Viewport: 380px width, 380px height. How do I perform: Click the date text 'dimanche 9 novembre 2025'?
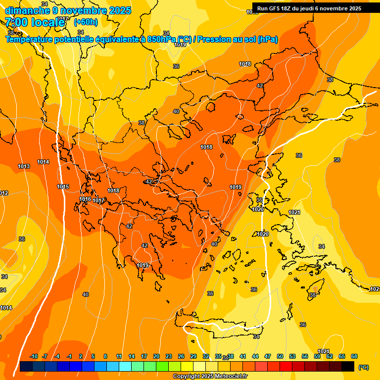(68, 10)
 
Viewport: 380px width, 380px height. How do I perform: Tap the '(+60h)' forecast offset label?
(86, 22)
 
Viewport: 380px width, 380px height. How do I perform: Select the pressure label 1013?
(23, 166)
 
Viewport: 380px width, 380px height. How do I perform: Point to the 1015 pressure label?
(63, 187)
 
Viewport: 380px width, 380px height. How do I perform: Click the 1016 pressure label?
(85, 199)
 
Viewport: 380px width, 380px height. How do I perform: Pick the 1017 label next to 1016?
(98, 200)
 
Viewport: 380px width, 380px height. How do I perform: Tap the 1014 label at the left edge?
(6, 308)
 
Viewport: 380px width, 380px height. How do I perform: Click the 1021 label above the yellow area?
(294, 212)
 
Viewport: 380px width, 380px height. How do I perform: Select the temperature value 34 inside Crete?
(256, 336)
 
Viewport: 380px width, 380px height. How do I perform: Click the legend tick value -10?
(34, 356)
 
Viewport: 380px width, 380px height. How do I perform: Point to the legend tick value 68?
(354, 356)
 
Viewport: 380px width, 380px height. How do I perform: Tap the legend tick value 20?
(156, 356)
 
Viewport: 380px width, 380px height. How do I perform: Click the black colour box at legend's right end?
(348, 366)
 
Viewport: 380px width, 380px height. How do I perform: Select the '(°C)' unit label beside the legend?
(363, 367)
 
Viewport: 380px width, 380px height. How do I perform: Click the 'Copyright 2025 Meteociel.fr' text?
(210, 376)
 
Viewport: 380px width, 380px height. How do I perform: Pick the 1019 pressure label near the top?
(180, 45)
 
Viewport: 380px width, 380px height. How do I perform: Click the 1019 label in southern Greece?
(142, 265)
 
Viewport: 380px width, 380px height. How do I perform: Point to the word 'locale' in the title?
(47, 22)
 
